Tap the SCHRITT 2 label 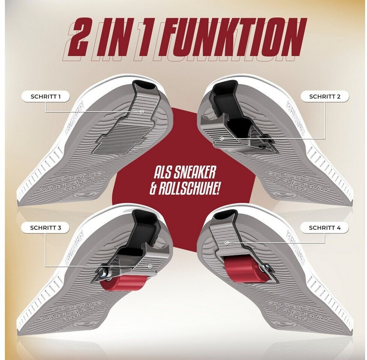(x=325, y=97)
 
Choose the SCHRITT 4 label (x=325, y=228)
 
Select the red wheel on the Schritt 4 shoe (x=244, y=269)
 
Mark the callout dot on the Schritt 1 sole (x=142, y=112)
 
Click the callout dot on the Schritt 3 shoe (x=150, y=266)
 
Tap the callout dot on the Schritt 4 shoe (x=227, y=243)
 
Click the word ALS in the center (x=162, y=174)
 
